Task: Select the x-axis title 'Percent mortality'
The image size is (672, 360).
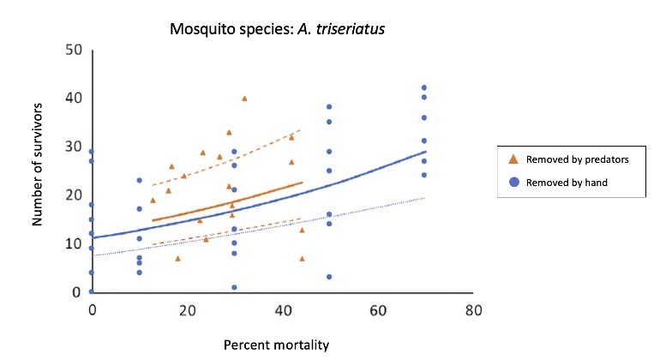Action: [x=276, y=345]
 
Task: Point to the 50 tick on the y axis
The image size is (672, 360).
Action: [x=75, y=50]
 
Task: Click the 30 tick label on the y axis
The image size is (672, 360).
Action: [x=75, y=147]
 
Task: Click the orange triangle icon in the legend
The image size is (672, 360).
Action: [x=512, y=159]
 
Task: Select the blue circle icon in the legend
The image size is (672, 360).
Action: [x=512, y=183]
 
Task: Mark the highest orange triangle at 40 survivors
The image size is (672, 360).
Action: [x=244, y=99]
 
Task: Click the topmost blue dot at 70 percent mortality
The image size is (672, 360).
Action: [x=423, y=88]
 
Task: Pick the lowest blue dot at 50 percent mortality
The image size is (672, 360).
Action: [x=329, y=277]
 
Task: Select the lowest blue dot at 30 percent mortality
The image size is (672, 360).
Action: [x=234, y=287]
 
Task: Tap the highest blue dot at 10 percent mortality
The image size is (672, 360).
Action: [x=140, y=180]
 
